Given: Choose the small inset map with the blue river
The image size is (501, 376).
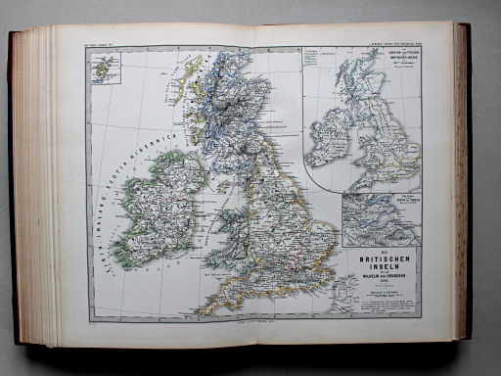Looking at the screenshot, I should coord(381,218).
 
